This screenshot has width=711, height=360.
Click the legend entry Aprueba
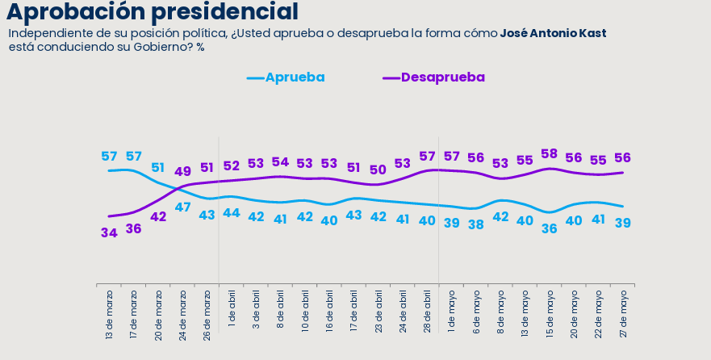click(286, 77)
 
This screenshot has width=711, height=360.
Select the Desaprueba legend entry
click(434, 77)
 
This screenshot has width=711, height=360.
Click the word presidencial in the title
click(224, 11)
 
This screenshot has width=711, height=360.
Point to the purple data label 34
click(109, 233)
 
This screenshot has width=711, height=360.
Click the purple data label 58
click(549, 154)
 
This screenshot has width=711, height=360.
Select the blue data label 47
click(182, 207)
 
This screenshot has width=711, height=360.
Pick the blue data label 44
click(232, 212)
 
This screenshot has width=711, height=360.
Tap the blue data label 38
click(475, 224)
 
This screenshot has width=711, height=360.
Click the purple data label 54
click(280, 162)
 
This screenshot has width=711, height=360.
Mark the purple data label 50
click(379, 170)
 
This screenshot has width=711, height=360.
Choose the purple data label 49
click(182, 172)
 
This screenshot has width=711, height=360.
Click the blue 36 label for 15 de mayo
click(549, 229)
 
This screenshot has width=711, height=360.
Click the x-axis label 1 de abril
click(232, 309)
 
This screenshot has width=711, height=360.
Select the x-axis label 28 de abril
click(427, 312)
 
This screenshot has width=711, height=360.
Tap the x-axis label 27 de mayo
click(623, 313)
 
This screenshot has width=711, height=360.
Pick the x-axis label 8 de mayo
click(500, 311)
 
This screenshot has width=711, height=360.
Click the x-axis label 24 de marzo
click(182, 315)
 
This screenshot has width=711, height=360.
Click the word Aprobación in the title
click(76, 12)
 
